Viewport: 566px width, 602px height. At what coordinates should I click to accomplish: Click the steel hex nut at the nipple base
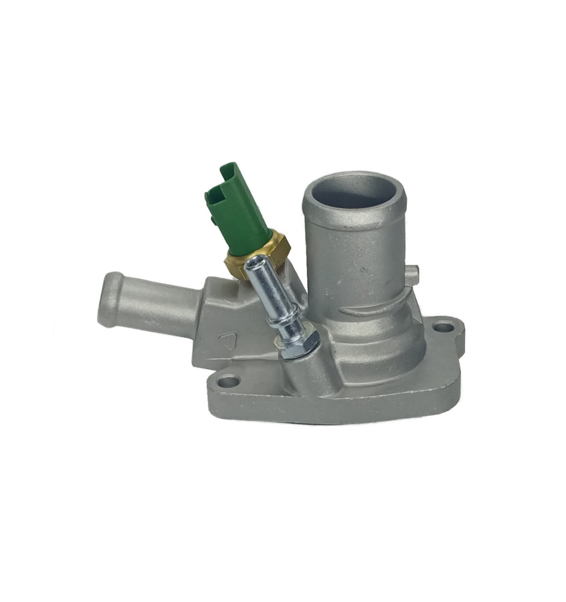coord(298,341)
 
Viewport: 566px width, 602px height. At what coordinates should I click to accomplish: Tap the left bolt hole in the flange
coord(228,382)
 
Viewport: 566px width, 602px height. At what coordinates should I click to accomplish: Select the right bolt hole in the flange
coord(442,328)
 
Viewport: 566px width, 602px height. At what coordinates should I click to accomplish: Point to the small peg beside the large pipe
coord(413,272)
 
